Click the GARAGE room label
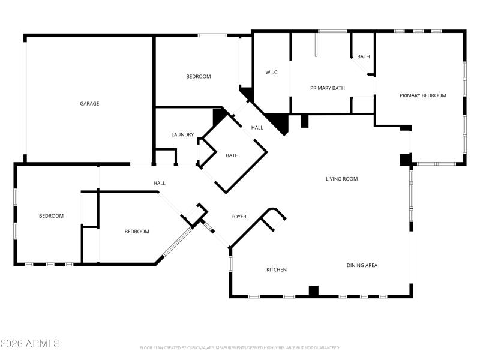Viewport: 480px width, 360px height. pyautogui.click(x=89, y=103)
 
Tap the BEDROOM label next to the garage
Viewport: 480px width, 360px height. pyautogui.click(x=198, y=76)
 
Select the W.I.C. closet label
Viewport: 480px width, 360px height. pyautogui.click(x=272, y=73)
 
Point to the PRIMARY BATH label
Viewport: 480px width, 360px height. pyautogui.click(x=328, y=88)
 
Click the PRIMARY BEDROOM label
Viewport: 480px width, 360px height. pyautogui.click(x=423, y=95)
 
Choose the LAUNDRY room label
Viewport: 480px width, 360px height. pyautogui.click(x=182, y=134)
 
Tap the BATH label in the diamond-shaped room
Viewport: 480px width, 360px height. pyautogui.click(x=232, y=155)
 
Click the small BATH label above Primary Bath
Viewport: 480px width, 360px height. pyautogui.click(x=363, y=56)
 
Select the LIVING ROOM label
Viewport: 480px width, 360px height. pyautogui.click(x=341, y=178)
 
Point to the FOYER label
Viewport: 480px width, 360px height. pyautogui.click(x=239, y=217)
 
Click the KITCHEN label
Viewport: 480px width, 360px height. pyautogui.click(x=277, y=269)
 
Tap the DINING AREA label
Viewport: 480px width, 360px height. pyautogui.click(x=362, y=265)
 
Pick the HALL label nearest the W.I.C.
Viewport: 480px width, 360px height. pyautogui.click(x=257, y=127)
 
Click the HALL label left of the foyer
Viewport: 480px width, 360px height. pyautogui.click(x=160, y=183)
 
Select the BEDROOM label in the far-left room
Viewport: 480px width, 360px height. pyautogui.click(x=51, y=216)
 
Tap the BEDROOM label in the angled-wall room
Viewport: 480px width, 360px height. pyautogui.click(x=137, y=232)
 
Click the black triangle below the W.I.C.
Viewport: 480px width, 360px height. pyautogui.click(x=279, y=122)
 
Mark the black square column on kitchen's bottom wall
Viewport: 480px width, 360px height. pyautogui.click(x=313, y=291)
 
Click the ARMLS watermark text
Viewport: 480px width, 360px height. pyautogui.click(x=30, y=344)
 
